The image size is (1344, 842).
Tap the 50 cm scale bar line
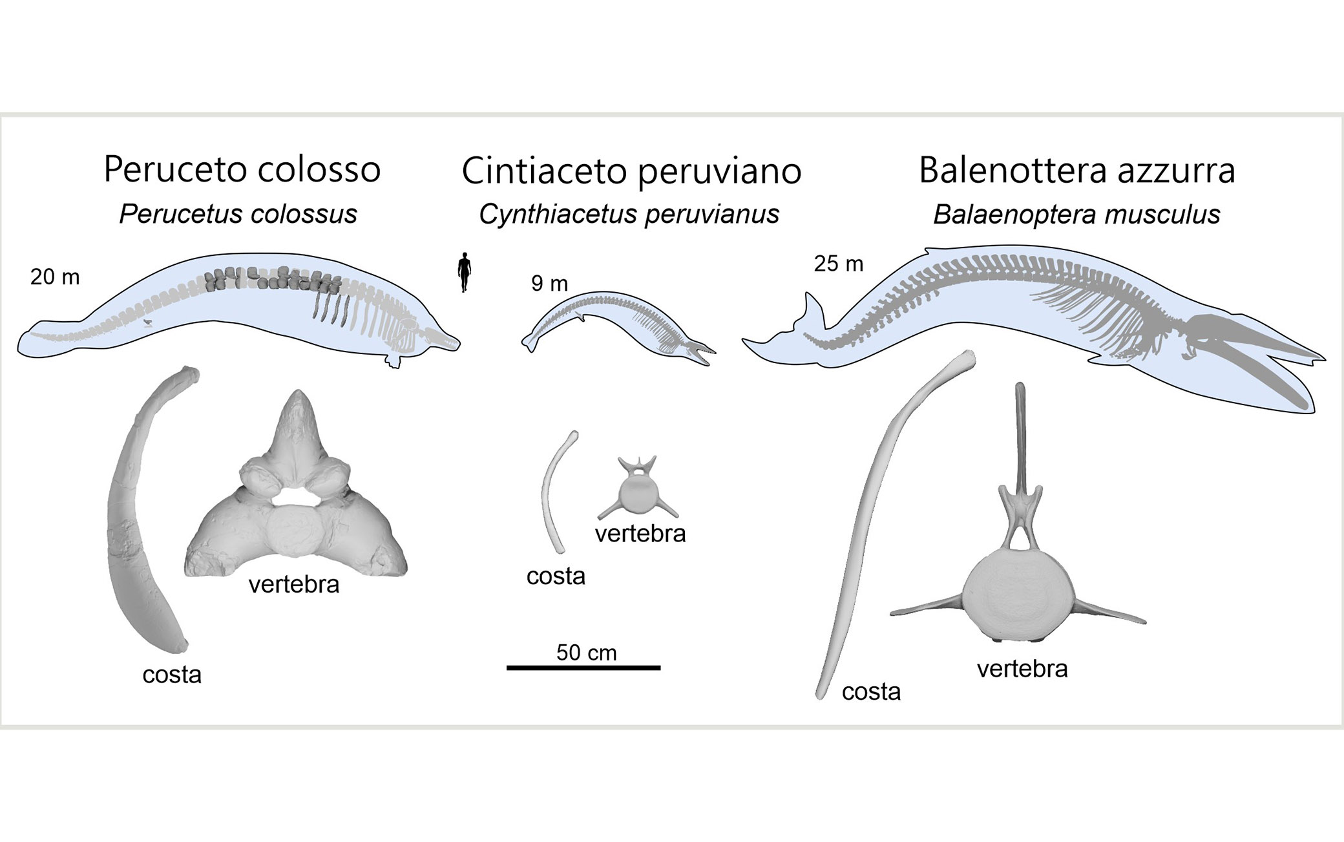[x=583, y=668]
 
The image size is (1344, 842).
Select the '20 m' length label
[x=55, y=277]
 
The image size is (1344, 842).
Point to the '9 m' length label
[x=549, y=284]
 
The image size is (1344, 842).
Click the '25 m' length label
[x=838, y=264]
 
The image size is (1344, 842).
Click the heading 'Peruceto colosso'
[x=242, y=169]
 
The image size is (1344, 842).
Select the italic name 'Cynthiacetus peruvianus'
[x=629, y=215]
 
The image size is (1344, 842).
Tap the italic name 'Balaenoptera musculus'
[x=1076, y=215]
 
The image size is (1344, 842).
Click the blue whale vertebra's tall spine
[x=1020, y=439]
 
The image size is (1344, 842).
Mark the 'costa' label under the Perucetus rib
[x=172, y=675]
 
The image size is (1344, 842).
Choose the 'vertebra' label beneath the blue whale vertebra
[x=1022, y=668]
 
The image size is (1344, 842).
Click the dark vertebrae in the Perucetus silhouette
[x=271, y=279]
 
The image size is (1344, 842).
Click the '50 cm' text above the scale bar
[x=586, y=653]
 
